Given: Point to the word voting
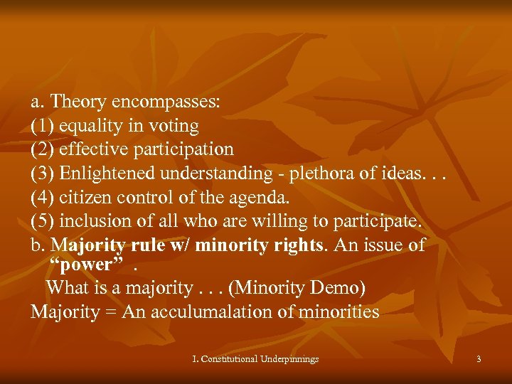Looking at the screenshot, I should click(x=174, y=126).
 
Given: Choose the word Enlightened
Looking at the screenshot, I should click(x=109, y=173).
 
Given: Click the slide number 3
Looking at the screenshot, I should click(x=479, y=359).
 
